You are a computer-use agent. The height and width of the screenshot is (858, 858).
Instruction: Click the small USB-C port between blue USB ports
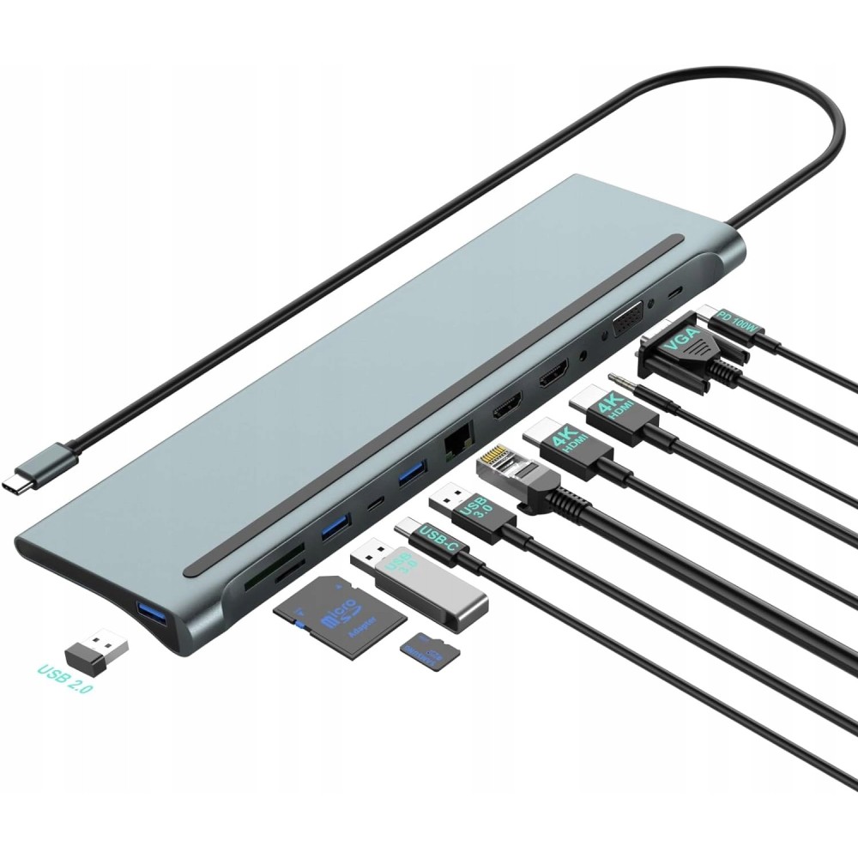[x=373, y=505]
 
